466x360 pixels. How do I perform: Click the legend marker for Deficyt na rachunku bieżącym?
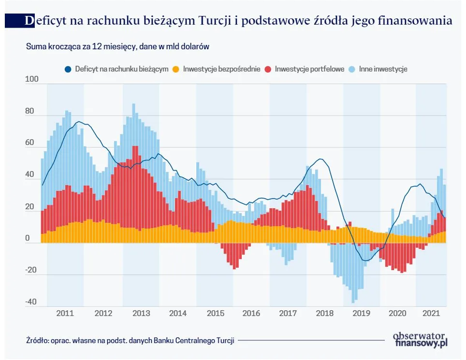coord(68,69)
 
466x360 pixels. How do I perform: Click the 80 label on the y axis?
coord(30,111)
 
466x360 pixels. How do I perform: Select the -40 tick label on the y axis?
coord(30,302)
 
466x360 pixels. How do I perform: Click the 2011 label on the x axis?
coord(65,313)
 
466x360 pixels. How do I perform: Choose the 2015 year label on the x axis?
coord(215,313)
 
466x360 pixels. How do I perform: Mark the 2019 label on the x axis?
coord(361,313)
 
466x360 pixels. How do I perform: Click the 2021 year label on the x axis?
coord(431,313)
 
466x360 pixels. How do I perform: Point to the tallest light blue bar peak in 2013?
coord(134,105)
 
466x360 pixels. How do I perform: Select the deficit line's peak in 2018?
coord(320,159)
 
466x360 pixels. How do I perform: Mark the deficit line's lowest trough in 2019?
coord(366,260)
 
